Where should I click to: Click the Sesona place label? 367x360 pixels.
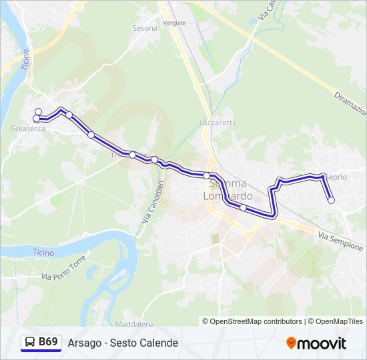point(145,29)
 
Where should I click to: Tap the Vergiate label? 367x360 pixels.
point(174,23)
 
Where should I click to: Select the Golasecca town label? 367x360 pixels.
point(28,129)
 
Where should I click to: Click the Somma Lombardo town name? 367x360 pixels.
point(228,189)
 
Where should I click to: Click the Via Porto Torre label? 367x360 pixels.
point(64,267)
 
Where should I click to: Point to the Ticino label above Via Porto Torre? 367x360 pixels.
point(43,253)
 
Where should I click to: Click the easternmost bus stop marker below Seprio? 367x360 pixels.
point(331,200)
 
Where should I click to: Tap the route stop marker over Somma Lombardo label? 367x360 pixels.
point(207,176)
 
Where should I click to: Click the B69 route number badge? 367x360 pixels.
point(48,342)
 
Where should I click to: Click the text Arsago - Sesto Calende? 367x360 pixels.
point(123,343)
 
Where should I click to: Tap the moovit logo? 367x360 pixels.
point(316,343)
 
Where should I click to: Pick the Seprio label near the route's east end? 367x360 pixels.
point(335,177)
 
